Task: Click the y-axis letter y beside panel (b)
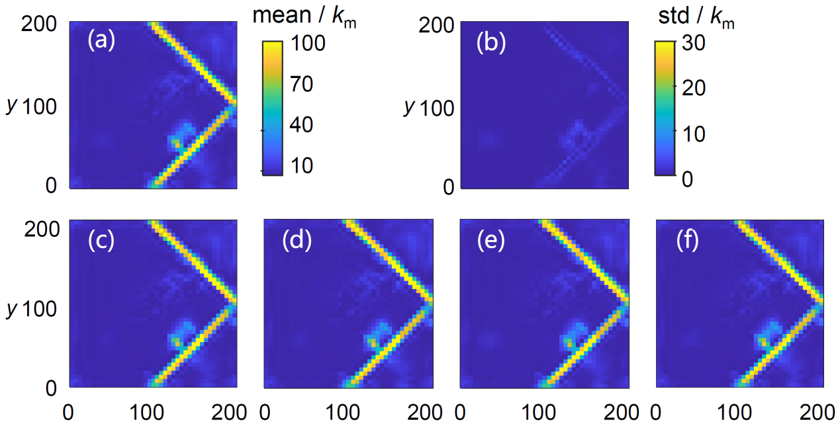click(x=408, y=106)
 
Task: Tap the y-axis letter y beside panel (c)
click(x=11, y=308)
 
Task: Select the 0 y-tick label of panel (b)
click(x=449, y=187)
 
